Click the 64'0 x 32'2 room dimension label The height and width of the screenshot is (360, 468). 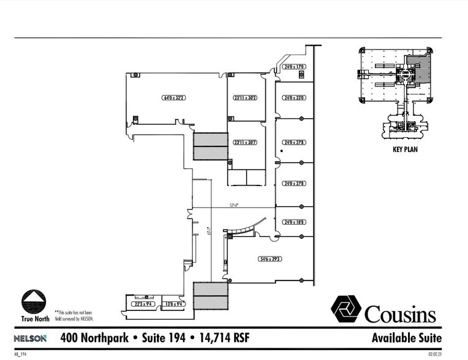(174, 97)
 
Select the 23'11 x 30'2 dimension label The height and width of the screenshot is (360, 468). (244, 97)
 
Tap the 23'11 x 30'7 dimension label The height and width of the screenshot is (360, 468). (244, 143)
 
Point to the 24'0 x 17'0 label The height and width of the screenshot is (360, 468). (294, 67)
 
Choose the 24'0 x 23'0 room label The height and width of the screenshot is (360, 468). (294, 97)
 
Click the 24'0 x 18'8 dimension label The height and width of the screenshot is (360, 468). (294, 223)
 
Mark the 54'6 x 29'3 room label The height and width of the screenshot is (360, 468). (270, 259)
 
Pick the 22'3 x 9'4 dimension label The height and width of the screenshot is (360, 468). (142, 304)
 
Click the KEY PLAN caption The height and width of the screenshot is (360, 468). (404, 149)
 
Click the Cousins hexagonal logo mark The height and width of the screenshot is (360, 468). (346, 309)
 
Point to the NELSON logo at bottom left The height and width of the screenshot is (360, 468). (30, 339)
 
